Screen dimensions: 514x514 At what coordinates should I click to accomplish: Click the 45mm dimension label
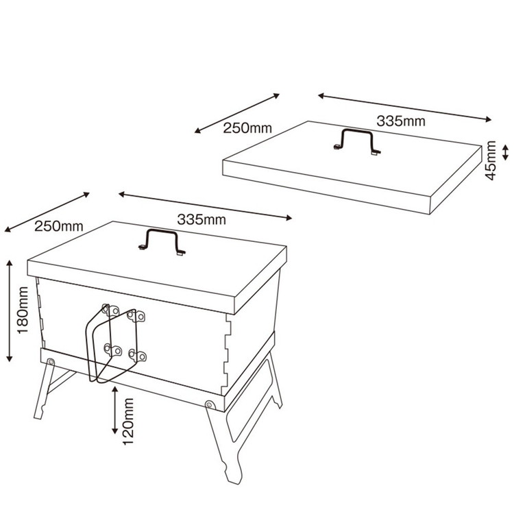click(x=491, y=160)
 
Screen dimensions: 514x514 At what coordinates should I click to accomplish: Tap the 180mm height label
click(x=23, y=310)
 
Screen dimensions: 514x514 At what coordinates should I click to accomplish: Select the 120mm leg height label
click(x=128, y=421)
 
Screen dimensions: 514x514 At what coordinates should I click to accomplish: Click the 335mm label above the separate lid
click(x=401, y=121)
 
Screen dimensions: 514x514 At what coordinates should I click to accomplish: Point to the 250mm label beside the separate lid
click(x=247, y=128)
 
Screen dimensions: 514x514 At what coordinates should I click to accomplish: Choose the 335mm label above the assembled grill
click(x=201, y=219)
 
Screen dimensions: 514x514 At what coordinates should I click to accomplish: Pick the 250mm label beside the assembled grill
click(x=59, y=226)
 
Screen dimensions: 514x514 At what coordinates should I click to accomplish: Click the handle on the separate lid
click(x=357, y=141)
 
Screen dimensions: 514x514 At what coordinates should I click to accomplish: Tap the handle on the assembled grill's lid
click(x=162, y=242)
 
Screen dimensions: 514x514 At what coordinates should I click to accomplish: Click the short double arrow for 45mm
click(x=505, y=153)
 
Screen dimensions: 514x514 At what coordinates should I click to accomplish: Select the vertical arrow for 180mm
click(x=10, y=311)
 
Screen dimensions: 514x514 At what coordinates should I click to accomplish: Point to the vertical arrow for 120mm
click(x=114, y=410)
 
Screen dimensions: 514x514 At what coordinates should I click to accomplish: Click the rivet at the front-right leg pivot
click(x=210, y=404)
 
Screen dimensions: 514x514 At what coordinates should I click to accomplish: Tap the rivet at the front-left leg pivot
click(x=51, y=362)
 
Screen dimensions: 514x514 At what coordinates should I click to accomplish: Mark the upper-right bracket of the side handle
click(x=136, y=316)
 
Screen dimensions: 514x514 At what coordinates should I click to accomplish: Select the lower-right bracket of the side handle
click(x=137, y=355)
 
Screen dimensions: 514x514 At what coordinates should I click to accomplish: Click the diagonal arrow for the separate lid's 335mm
click(x=405, y=107)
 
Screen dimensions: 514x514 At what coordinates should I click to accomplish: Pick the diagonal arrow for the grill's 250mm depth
click(x=47, y=212)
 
